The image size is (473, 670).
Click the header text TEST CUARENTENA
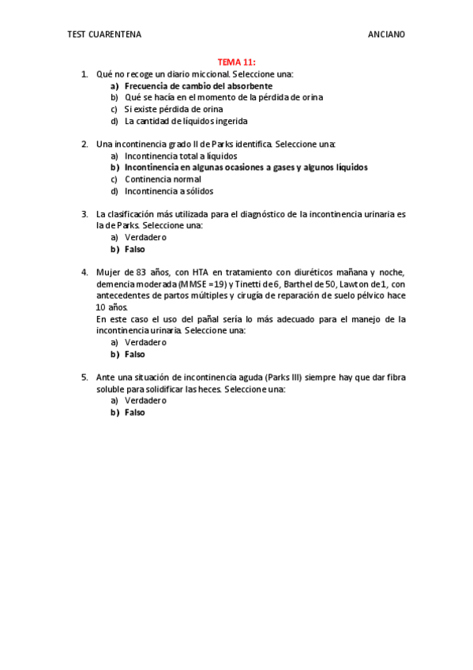104,34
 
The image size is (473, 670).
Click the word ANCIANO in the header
386,34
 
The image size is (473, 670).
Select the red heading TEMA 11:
237,62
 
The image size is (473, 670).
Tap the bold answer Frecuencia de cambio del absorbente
198,85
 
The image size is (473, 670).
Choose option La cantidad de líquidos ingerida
186,121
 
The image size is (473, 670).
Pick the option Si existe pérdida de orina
173,109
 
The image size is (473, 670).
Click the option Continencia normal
163,179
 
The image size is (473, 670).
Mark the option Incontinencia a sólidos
168,190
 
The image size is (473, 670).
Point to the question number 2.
84,144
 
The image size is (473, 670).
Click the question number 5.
84,377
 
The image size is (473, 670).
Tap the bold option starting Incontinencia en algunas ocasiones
246,167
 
